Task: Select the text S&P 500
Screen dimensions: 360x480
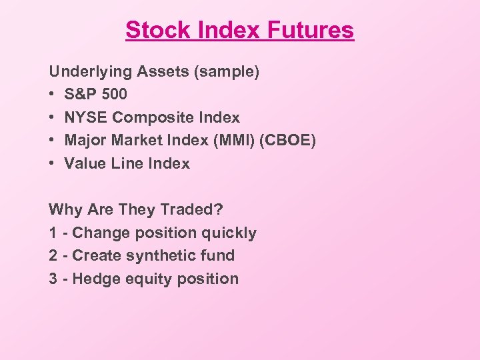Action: click(95, 94)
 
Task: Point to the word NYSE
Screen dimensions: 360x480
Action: click(86, 117)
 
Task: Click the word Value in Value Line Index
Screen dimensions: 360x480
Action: click(85, 163)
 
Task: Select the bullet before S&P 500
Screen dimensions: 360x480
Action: click(52, 95)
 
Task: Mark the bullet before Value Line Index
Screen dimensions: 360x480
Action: click(52, 164)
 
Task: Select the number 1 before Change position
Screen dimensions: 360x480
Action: click(53, 233)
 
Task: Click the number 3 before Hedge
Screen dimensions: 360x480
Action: click(53, 279)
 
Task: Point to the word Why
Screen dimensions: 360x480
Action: click(64, 209)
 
